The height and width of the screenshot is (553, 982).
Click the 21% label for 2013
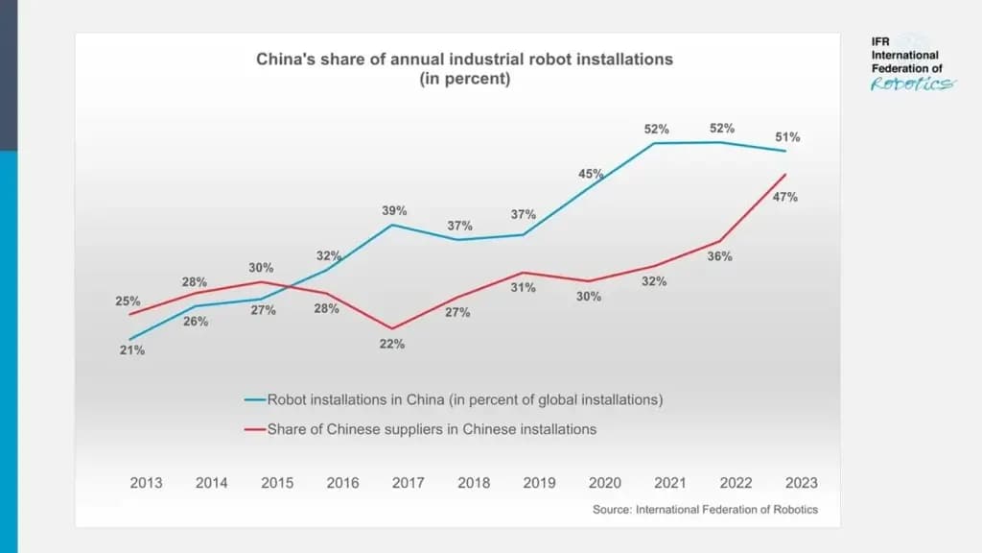click(132, 350)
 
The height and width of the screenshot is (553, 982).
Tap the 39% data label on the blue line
click(394, 210)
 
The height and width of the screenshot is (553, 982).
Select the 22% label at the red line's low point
click(392, 344)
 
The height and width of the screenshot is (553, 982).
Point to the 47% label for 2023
click(785, 197)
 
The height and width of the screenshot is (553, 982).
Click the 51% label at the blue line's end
click(787, 137)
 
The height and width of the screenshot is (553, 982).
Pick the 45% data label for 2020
click(591, 174)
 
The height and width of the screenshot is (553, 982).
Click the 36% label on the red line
click(720, 256)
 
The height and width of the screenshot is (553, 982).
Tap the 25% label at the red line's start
click(129, 301)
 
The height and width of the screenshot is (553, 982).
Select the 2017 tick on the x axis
click(409, 483)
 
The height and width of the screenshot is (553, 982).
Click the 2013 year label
click(147, 483)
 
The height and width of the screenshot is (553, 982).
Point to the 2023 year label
click(802, 483)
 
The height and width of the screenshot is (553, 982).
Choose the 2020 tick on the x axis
click(605, 483)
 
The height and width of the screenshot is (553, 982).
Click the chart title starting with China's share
click(464, 60)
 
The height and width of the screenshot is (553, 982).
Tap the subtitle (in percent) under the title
click(464, 79)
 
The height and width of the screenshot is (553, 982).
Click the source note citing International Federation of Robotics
click(705, 510)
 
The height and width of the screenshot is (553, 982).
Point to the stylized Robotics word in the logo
click(911, 84)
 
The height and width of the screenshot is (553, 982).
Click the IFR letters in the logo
click(881, 42)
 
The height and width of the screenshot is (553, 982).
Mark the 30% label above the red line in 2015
click(262, 268)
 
